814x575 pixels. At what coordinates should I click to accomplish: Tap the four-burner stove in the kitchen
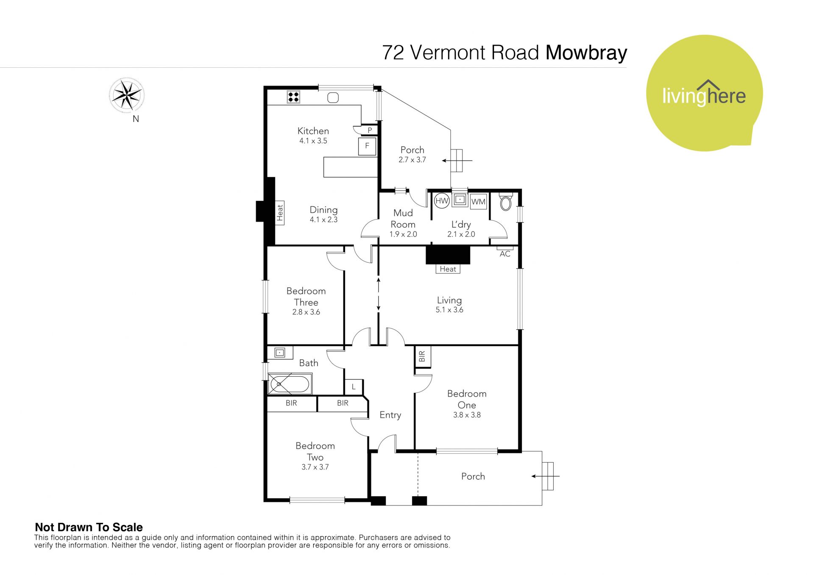point(293,97)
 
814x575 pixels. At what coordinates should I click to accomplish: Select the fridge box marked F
point(367,146)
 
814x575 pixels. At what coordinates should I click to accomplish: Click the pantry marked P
point(370,131)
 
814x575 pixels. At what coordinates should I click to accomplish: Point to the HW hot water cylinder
point(442,201)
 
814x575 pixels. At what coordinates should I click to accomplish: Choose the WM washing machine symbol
point(478,202)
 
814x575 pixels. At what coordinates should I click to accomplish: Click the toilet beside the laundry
point(506,201)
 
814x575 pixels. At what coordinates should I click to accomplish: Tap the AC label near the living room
point(505,254)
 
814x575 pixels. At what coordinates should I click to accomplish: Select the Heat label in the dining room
point(280,213)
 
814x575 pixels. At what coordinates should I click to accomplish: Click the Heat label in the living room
point(448,269)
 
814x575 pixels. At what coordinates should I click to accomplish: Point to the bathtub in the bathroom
point(290,384)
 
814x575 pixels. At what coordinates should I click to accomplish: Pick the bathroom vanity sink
point(280,352)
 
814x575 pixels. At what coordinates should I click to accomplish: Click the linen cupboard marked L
point(354,387)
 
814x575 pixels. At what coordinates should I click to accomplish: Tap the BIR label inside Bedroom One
point(422,357)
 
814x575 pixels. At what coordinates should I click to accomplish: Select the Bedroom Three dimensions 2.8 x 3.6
point(306,312)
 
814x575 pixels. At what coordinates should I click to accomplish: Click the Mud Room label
point(403,219)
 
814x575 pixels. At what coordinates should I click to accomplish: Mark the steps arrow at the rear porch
point(457,161)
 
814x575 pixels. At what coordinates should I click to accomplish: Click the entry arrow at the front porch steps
point(546,476)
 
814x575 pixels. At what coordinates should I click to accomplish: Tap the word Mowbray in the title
point(586,53)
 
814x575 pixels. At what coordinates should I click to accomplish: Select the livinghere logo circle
point(704,93)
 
